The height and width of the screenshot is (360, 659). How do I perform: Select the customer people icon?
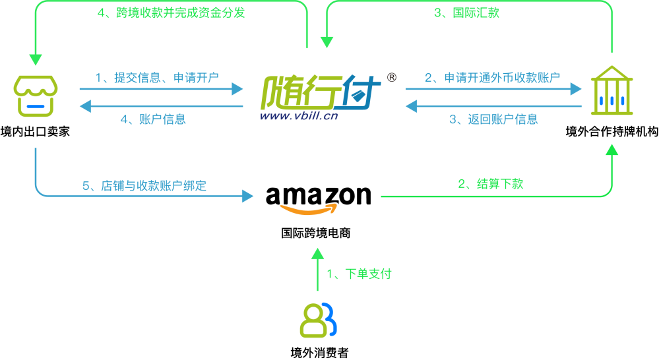[318, 320]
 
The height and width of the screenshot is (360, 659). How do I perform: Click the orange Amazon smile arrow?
[309, 210]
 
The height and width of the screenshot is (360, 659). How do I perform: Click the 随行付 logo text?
[321, 92]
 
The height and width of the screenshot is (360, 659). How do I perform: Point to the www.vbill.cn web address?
[298, 116]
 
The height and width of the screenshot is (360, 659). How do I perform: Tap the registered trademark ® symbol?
[391, 77]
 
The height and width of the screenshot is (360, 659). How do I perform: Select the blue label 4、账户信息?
[153, 119]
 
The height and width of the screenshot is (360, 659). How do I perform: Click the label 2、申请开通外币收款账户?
[492, 78]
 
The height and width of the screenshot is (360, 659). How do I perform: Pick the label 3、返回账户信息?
[493, 119]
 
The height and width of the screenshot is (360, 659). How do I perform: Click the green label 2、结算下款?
[490, 184]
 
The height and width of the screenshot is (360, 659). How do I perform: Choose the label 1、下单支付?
[359, 274]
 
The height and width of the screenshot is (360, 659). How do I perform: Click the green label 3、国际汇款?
[466, 13]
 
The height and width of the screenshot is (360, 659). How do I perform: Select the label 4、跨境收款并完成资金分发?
[171, 13]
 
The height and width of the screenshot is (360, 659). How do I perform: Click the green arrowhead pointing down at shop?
[36, 59]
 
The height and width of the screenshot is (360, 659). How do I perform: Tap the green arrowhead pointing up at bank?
[612, 150]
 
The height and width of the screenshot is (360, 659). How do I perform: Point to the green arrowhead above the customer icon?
[317, 253]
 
